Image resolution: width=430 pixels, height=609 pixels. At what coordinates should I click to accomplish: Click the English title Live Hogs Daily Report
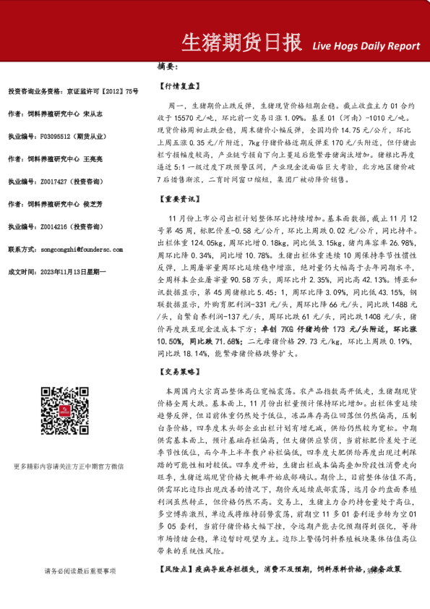[366, 46]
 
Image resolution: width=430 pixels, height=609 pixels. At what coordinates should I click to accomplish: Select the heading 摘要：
[167, 66]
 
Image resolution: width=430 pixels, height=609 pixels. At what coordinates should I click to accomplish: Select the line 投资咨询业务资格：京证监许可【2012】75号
[72, 91]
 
